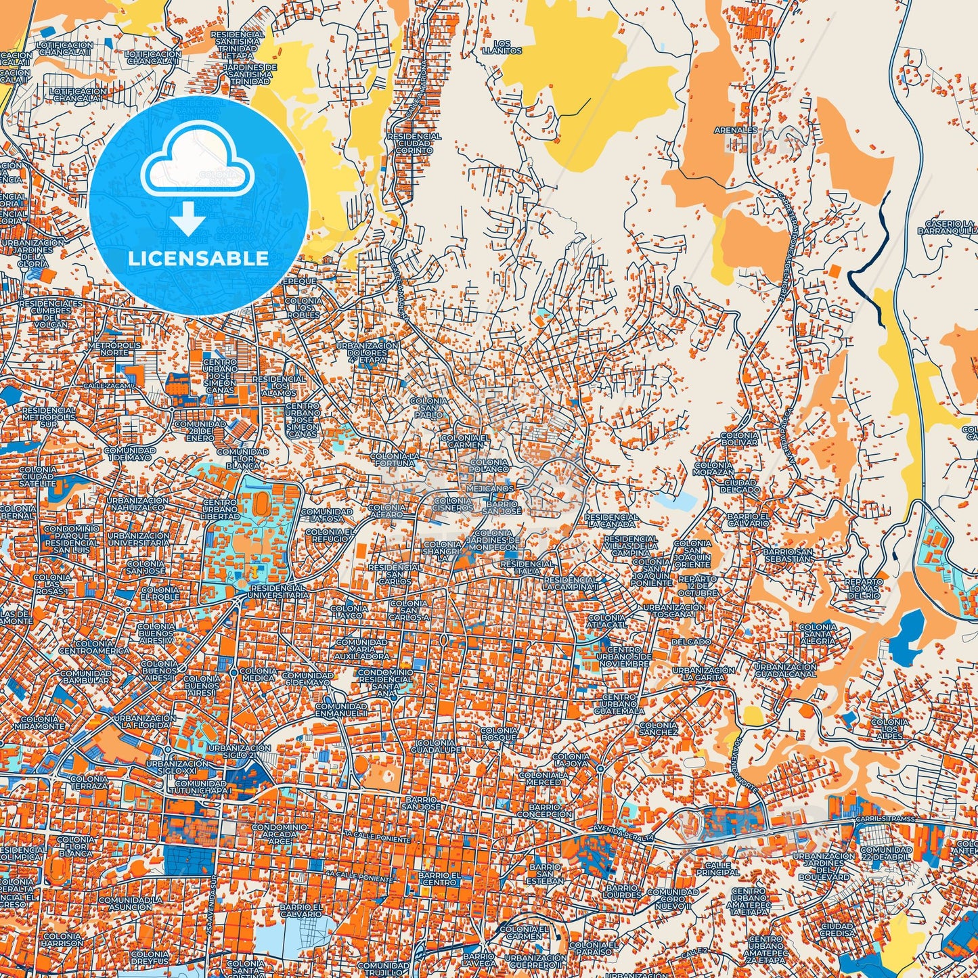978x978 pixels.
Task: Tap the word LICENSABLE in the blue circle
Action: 198,259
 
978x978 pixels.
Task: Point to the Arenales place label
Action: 736,130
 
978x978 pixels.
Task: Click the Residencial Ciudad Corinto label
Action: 414,143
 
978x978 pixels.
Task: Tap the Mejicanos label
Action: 489,488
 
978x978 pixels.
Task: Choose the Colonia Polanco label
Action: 489,465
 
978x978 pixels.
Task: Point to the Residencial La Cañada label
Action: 612,520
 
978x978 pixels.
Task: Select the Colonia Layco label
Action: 349,612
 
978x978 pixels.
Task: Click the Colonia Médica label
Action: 259,674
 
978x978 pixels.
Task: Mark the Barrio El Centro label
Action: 439,878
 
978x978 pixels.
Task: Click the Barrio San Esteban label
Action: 546,874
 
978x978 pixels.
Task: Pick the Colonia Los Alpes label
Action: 890,729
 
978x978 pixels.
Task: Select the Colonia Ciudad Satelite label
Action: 37,476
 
